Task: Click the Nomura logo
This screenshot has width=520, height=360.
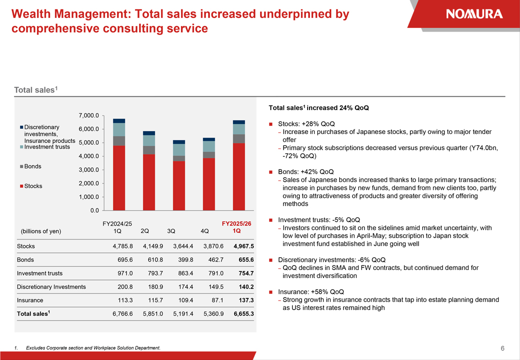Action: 474,14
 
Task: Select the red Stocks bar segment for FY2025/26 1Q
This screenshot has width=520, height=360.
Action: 238,176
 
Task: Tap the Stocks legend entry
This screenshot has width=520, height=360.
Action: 33,186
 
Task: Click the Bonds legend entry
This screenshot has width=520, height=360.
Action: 32,166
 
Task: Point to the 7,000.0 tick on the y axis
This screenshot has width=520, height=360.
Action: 88,115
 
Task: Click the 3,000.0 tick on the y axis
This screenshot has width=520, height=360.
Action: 88,170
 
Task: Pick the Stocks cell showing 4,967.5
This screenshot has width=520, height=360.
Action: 243,246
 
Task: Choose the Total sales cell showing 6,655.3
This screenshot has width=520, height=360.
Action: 243,314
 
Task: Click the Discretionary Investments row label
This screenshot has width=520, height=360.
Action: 51,287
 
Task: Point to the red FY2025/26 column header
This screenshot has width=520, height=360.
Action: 236,223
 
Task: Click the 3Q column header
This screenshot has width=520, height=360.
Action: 171,231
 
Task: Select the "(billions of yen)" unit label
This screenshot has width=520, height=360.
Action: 41,231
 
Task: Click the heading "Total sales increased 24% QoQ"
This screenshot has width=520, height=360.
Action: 318,108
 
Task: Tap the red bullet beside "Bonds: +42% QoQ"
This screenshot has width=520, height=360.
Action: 270,172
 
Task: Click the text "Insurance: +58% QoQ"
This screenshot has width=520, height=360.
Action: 311,292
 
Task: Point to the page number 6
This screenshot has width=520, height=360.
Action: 502,348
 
